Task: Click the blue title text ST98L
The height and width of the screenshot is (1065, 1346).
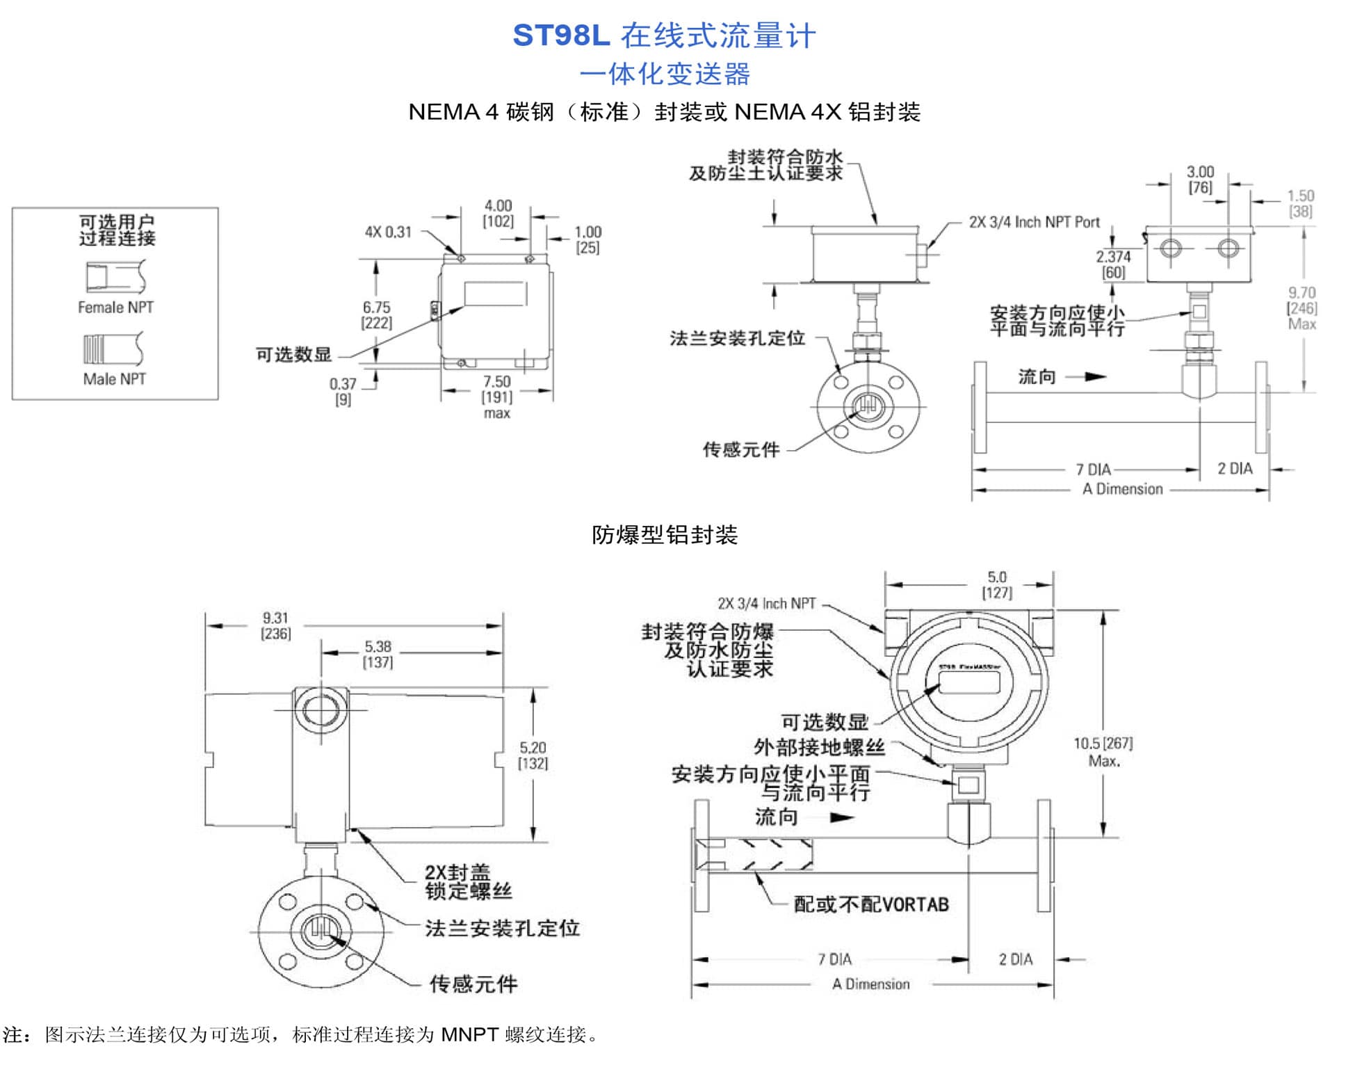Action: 560,35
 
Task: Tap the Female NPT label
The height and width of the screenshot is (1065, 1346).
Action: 115,307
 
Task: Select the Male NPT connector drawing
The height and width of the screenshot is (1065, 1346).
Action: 114,349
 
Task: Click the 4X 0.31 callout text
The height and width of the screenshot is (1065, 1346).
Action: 388,232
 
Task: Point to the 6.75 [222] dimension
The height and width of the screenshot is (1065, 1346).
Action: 376,314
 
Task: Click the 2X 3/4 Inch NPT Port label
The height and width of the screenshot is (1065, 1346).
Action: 1034,222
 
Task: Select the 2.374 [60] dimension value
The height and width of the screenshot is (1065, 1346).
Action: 1113,264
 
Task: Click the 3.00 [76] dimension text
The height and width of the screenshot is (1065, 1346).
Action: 1200,179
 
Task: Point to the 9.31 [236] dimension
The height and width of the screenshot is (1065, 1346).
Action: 275,625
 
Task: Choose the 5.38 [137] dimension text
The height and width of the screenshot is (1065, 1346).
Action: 378,654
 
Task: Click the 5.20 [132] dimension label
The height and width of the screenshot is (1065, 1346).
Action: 533,755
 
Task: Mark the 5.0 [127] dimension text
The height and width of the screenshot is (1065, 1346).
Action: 996,584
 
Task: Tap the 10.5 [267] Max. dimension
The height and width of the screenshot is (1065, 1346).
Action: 1103,751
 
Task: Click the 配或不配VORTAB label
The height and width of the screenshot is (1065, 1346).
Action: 870,904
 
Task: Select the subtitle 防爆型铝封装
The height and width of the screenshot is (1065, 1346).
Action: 664,534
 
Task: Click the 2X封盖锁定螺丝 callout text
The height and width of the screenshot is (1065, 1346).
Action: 468,881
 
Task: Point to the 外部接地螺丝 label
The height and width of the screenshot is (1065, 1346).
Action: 819,747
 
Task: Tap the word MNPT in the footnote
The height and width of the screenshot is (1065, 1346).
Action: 469,1034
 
